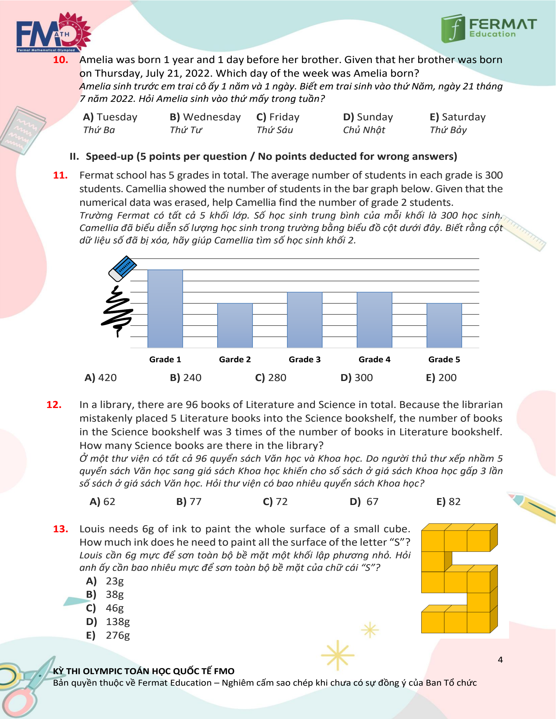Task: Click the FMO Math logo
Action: (x=53, y=33)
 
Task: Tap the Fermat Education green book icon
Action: (x=453, y=28)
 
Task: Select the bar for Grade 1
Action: (x=165, y=309)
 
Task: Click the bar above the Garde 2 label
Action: (x=235, y=325)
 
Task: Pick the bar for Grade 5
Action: (x=444, y=325)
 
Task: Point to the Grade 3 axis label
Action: (x=305, y=359)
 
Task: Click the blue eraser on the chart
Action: (x=122, y=268)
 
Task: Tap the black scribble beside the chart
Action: (x=117, y=311)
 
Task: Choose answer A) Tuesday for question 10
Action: (x=110, y=117)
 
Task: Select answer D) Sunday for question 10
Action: (x=368, y=117)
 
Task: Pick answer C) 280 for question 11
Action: (x=271, y=378)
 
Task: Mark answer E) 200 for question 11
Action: (x=441, y=378)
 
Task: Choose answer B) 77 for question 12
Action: (x=189, y=501)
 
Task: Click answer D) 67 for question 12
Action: (x=364, y=501)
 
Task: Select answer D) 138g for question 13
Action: (x=108, y=622)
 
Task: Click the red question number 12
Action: (x=54, y=405)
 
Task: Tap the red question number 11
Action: (x=60, y=175)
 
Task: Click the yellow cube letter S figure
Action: (x=459, y=578)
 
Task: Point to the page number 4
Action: (x=500, y=660)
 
